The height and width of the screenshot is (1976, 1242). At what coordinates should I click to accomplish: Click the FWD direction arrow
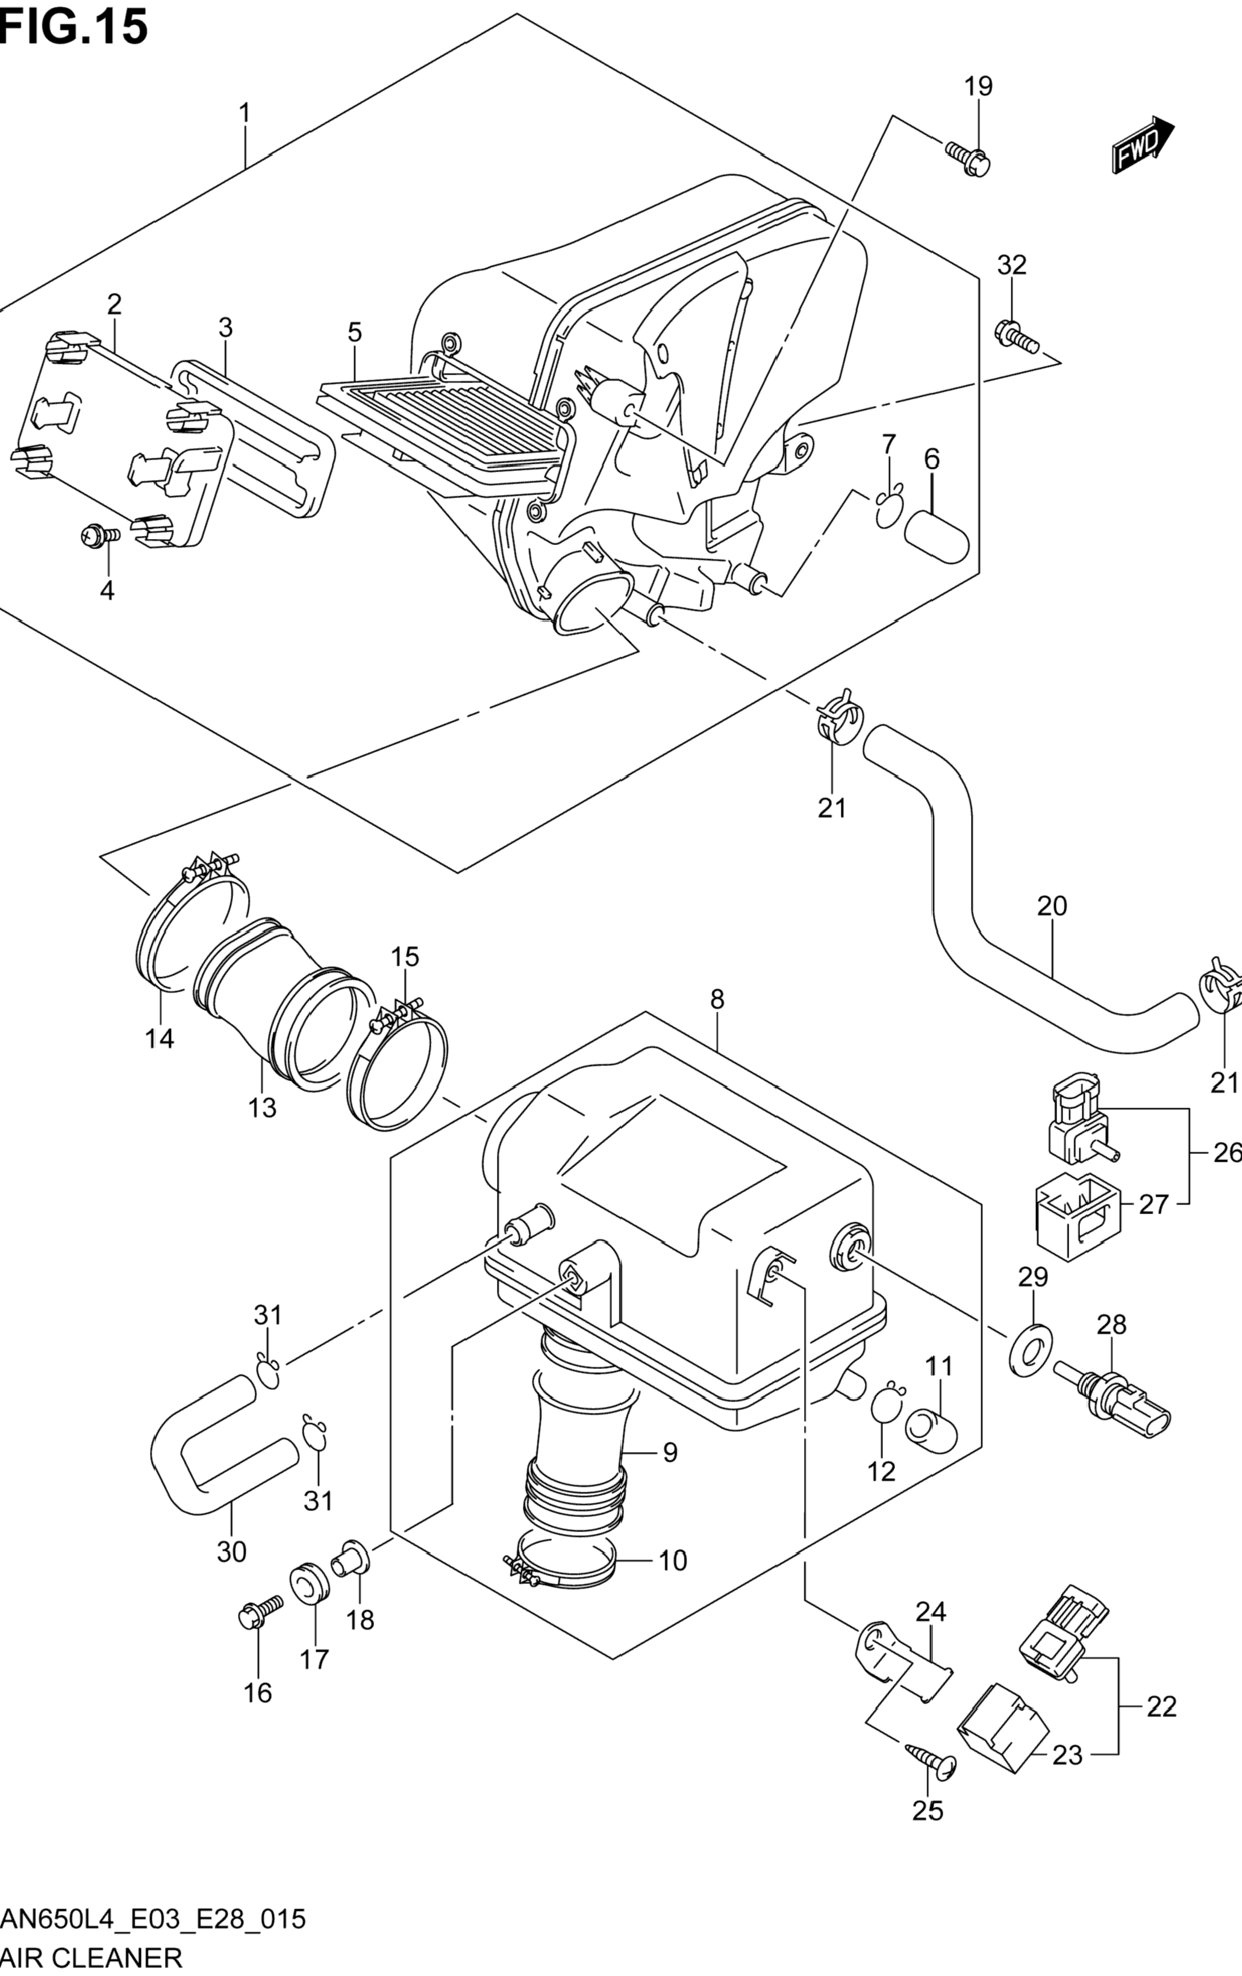coord(1143,143)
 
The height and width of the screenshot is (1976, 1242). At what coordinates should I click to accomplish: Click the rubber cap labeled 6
coord(937,537)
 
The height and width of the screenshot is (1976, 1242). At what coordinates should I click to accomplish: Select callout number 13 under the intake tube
coord(263,1108)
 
